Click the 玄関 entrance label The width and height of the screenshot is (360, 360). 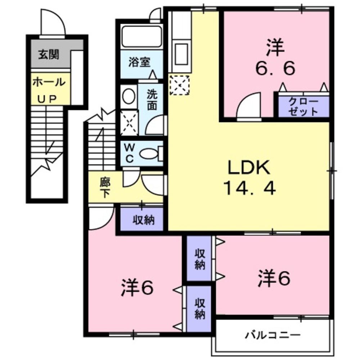(49, 55)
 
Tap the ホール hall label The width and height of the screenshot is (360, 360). (49, 82)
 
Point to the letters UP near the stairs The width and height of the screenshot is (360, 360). (47, 99)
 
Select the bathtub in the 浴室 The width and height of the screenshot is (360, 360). (141, 37)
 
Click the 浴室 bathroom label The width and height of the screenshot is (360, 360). (139, 62)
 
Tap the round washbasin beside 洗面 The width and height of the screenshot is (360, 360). (129, 96)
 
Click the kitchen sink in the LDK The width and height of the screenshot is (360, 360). (182, 54)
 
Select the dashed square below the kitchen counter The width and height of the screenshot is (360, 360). (180, 85)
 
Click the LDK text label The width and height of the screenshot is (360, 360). (248, 168)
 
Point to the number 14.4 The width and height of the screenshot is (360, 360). (249, 188)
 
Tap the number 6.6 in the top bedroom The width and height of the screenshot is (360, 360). (275, 68)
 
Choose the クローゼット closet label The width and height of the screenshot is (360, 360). (303, 107)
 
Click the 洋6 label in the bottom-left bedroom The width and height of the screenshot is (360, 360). (137, 287)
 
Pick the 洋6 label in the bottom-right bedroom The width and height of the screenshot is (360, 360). (274, 278)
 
